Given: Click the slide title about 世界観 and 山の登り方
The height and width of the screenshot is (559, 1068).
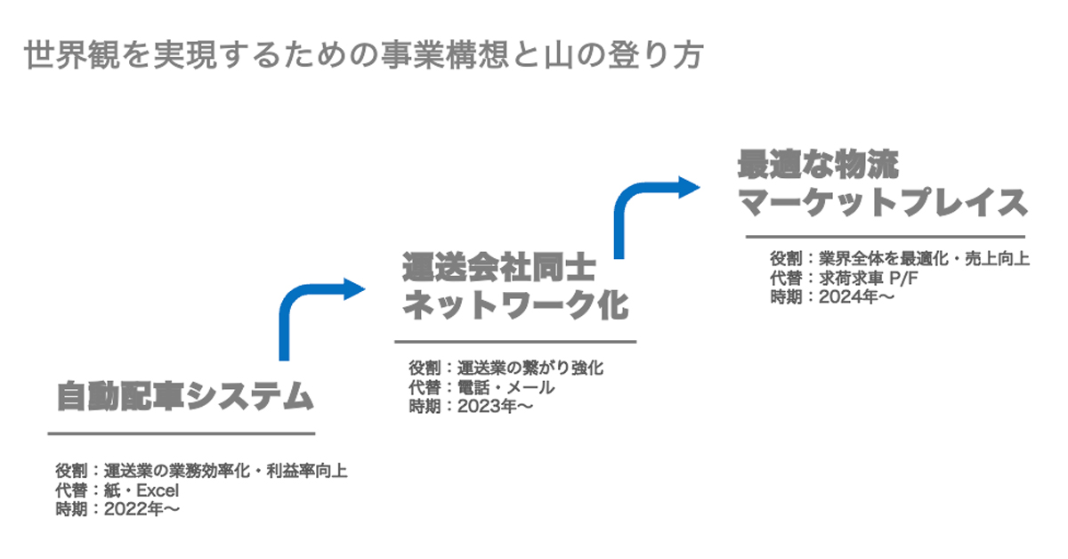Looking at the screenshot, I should (x=365, y=54).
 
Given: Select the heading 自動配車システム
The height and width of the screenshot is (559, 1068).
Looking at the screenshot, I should (x=185, y=396).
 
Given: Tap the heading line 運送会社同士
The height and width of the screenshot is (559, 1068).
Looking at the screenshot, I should (x=498, y=267).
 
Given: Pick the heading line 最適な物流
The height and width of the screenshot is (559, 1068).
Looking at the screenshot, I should (x=818, y=165).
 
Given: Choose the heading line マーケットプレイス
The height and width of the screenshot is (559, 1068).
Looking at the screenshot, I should (x=883, y=204).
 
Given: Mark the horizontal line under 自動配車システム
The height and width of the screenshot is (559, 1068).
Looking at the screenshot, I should (x=182, y=433).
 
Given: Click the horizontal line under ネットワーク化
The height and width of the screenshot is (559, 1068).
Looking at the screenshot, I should (x=515, y=341).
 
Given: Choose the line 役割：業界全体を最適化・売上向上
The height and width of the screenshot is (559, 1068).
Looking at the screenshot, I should (x=900, y=259).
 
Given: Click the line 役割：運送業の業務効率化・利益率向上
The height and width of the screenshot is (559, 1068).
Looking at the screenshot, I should (x=200, y=471).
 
